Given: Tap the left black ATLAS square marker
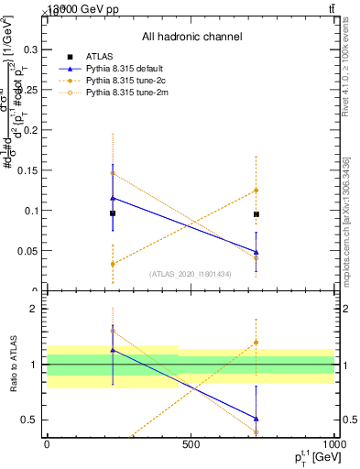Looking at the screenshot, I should pos(113,213).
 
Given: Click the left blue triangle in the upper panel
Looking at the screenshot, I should pos(113,198).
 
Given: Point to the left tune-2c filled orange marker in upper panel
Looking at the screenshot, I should pos(113,264).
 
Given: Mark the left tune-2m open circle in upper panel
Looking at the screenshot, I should pos(113,173).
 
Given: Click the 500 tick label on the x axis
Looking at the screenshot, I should pos(191,444).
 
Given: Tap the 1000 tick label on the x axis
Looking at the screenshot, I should pos(333,444).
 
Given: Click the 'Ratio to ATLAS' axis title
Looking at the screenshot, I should pos(14,365).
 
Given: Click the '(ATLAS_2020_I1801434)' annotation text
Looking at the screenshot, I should pos(190,274).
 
